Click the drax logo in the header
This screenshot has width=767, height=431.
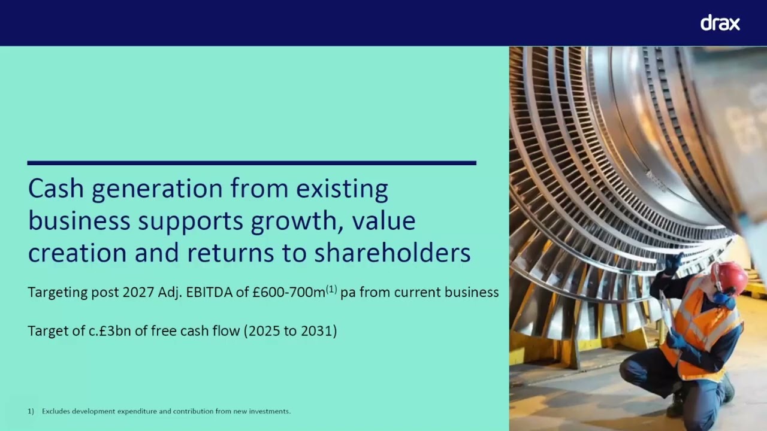point(720,23)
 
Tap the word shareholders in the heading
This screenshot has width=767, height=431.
point(392,253)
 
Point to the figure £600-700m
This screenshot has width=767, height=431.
point(289,292)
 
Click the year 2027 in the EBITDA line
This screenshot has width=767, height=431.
point(138,292)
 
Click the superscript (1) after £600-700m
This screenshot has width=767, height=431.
point(331,290)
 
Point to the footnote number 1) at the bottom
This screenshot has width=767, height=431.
point(31,411)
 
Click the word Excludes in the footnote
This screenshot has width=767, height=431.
point(57,411)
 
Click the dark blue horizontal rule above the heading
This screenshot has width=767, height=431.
point(252,162)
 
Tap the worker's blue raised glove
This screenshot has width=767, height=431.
point(673,263)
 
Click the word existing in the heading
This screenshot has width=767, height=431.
point(342,189)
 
